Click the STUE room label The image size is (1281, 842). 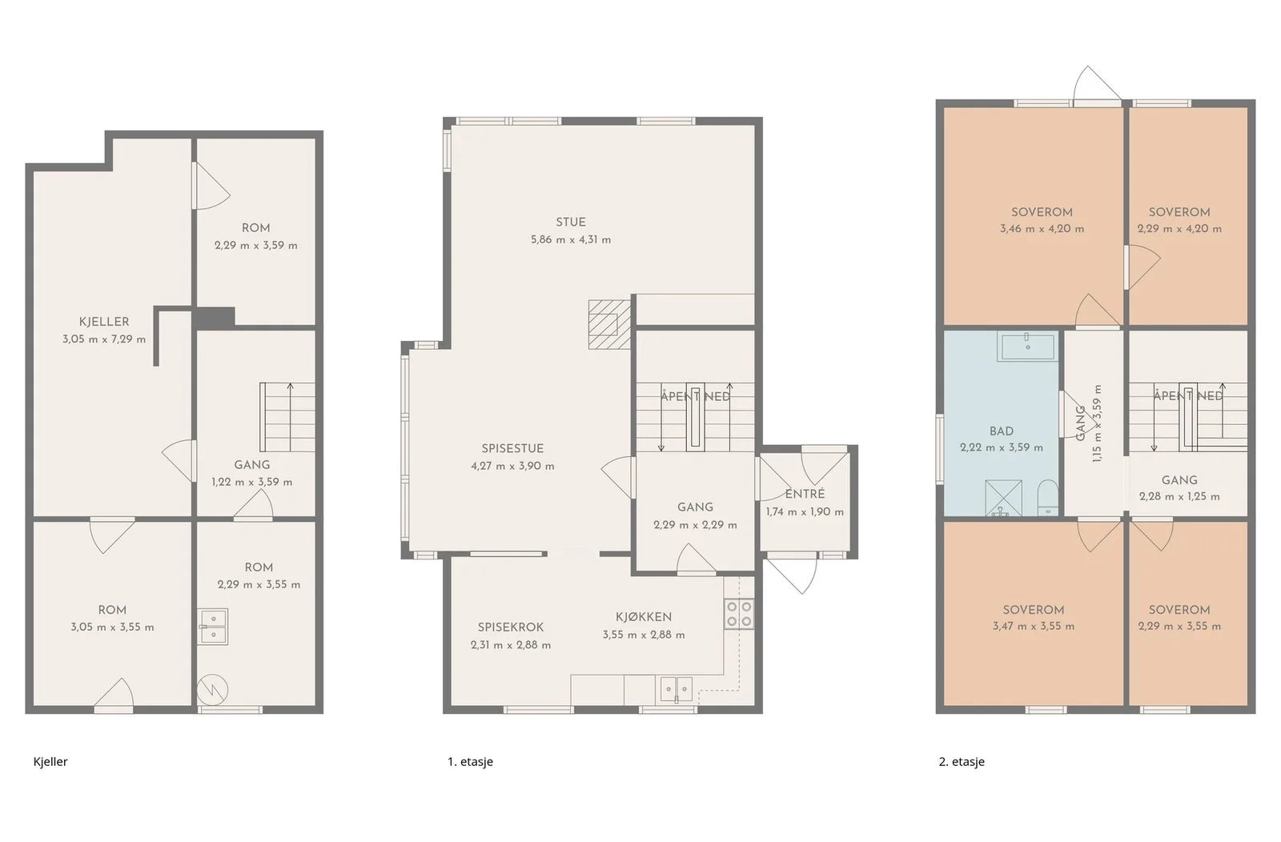[x=571, y=223]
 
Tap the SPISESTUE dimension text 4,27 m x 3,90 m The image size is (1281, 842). [x=512, y=467]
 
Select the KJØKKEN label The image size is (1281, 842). [x=644, y=617]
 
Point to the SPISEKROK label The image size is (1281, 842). [x=511, y=627]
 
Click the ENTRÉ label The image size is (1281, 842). [x=805, y=495]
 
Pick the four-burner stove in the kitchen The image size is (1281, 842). [x=739, y=614]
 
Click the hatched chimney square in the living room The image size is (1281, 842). [x=609, y=324]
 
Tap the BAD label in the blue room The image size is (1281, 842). [x=1002, y=431]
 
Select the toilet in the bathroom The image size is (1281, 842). [x=1048, y=497]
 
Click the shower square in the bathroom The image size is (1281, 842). [x=1003, y=498]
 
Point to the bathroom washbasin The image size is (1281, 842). [x=1027, y=346]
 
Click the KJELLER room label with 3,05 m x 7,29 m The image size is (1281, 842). [x=104, y=322]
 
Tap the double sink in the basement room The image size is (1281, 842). [x=213, y=626]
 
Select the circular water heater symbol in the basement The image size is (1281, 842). [x=212, y=691]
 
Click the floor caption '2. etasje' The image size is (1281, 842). [x=962, y=762]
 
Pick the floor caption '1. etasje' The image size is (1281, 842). [x=470, y=762]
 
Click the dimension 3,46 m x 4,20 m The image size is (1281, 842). [x=1042, y=229]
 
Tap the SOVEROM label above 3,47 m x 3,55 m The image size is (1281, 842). [x=1034, y=610]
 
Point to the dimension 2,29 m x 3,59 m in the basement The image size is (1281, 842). [x=256, y=246]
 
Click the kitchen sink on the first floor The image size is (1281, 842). [x=677, y=689]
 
